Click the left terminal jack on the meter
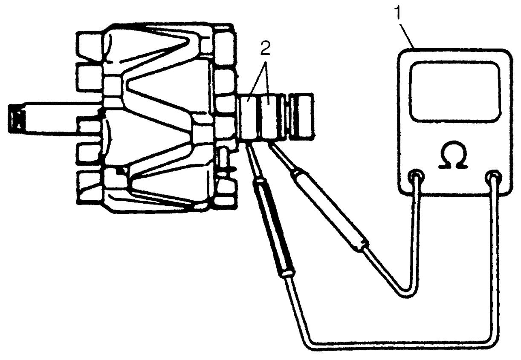(x=417, y=178)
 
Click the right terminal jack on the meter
(x=493, y=178)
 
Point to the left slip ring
(x=249, y=118)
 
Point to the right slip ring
(x=270, y=118)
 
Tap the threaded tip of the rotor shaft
(x=17, y=119)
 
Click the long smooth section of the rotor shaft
(x=63, y=119)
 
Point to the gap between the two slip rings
(x=259, y=118)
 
